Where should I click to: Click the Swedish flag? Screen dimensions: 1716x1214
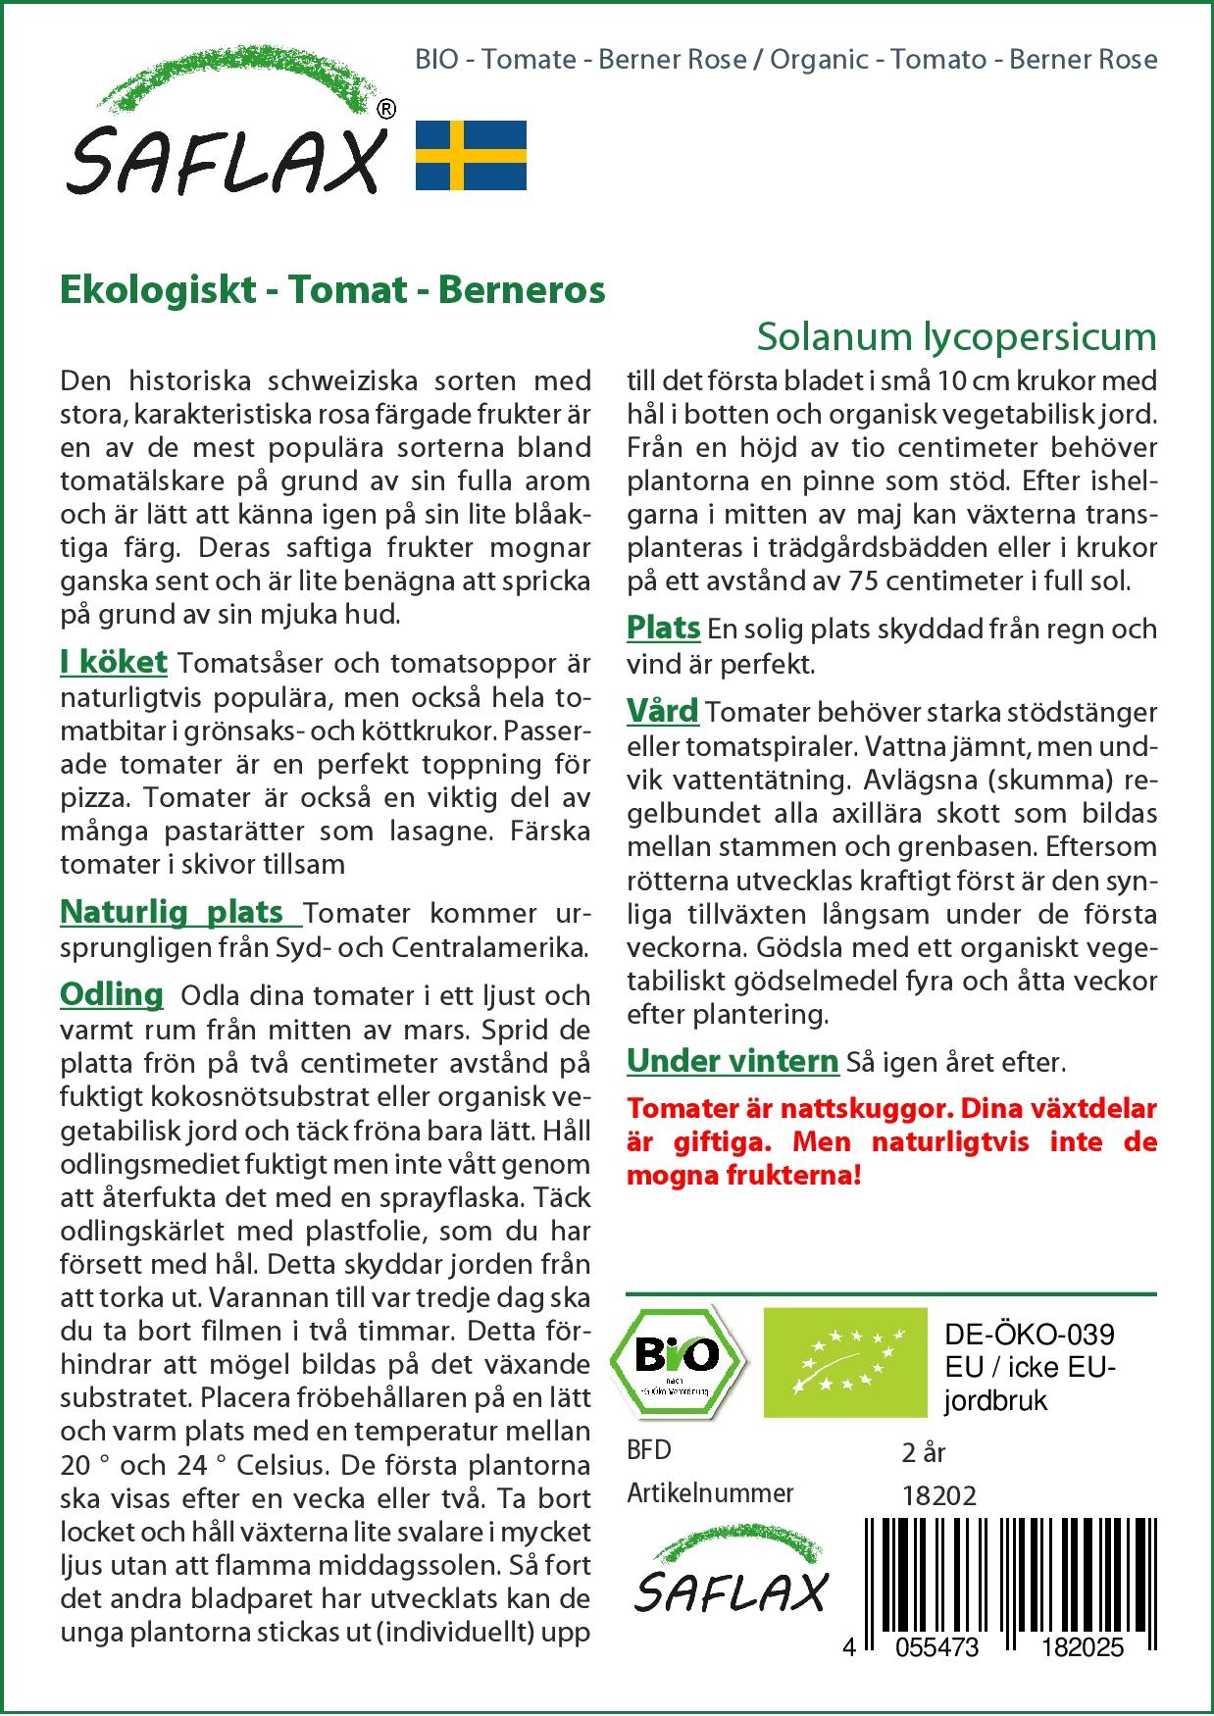(x=471, y=155)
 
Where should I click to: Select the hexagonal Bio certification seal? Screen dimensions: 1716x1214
(x=677, y=1360)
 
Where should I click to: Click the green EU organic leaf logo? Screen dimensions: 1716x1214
(x=844, y=1361)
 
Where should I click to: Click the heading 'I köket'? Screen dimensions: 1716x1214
(x=114, y=663)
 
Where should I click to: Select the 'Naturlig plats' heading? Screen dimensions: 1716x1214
(x=172, y=913)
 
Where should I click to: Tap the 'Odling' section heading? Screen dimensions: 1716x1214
(x=112, y=995)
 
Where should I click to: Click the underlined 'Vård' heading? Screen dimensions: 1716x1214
(x=663, y=711)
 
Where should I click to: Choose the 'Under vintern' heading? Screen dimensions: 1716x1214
(x=733, y=1061)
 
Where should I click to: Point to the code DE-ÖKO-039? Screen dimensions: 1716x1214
(x=1030, y=1335)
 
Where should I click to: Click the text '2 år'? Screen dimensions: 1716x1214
(x=923, y=1452)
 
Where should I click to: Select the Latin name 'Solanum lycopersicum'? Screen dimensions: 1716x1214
(x=956, y=337)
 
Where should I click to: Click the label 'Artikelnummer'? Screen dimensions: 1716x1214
(x=710, y=1493)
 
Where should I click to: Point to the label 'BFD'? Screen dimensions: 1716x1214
(x=649, y=1450)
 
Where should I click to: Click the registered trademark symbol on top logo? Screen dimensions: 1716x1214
(x=387, y=109)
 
